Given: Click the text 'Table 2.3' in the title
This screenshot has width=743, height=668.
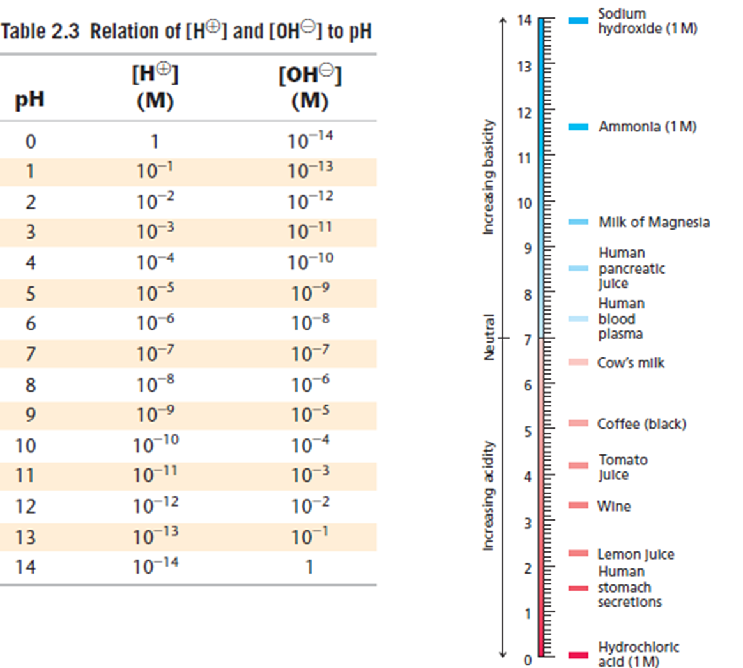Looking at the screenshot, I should [x=40, y=31].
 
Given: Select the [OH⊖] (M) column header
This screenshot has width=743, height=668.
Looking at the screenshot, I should [x=310, y=87].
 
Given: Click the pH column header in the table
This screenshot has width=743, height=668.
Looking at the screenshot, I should [x=29, y=100].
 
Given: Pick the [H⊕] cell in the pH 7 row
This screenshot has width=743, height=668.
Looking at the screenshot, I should [x=155, y=353].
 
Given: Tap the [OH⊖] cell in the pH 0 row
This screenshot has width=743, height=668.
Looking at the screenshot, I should [x=310, y=140].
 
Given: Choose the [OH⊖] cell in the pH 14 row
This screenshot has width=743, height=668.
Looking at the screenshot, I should [x=309, y=567].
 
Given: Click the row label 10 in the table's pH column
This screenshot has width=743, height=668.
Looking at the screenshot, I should [x=26, y=445].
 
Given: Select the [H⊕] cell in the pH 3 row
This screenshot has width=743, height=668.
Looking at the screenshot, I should [x=155, y=231].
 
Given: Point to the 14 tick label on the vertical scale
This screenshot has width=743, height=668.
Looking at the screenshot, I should [x=524, y=20].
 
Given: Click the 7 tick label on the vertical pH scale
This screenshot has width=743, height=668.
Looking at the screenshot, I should [x=528, y=339].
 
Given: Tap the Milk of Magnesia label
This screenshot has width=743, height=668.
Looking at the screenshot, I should [x=654, y=222].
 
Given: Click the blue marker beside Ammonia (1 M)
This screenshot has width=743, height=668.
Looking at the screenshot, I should [x=578, y=127].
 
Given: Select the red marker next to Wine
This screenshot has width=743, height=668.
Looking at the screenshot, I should [x=578, y=506].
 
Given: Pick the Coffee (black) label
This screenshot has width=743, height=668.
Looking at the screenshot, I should [x=641, y=424].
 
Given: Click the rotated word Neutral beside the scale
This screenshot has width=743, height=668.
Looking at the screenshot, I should [x=489, y=337].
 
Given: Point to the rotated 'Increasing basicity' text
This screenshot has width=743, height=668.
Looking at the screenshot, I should [x=489, y=177].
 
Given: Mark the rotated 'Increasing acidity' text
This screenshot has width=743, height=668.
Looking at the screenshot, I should [x=489, y=495].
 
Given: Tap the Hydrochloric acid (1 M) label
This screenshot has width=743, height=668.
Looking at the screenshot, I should [x=638, y=654].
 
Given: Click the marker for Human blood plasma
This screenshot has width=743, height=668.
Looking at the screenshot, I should [x=578, y=319].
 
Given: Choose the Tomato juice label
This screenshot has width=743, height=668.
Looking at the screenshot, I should [x=622, y=467].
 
